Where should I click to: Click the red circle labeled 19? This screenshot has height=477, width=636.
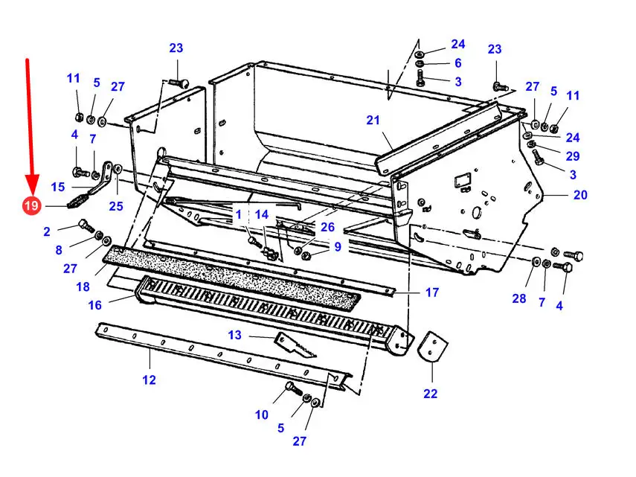[x=31, y=205]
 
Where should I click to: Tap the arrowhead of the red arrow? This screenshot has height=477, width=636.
[x=32, y=185]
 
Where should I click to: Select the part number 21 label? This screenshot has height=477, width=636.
[x=373, y=120]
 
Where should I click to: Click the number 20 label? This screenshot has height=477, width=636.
[x=580, y=195]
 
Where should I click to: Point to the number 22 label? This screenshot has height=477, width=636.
[x=431, y=394]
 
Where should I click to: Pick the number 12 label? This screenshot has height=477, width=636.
[x=149, y=380]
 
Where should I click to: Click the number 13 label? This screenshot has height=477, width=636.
[x=234, y=335]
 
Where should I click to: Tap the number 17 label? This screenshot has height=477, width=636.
[x=432, y=292]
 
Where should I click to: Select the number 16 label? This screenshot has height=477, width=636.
[x=95, y=305]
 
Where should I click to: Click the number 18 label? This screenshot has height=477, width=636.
[x=83, y=286]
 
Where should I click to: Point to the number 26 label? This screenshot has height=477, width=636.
[x=327, y=227]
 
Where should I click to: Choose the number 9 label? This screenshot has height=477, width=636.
[x=338, y=246]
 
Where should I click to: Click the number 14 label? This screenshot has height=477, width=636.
[x=262, y=214]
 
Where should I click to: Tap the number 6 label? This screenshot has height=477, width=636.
[x=458, y=63]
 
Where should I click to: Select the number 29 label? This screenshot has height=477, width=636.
[x=573, y=156]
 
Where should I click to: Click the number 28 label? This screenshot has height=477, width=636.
[x=519, y=298]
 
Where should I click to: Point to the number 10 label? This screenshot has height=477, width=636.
[x=262, y=414]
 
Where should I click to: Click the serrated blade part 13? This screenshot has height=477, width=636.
[x=295, y=345]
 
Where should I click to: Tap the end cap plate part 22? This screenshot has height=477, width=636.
[x=432, y=346]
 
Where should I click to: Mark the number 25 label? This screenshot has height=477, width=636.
[x=116, y=206]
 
